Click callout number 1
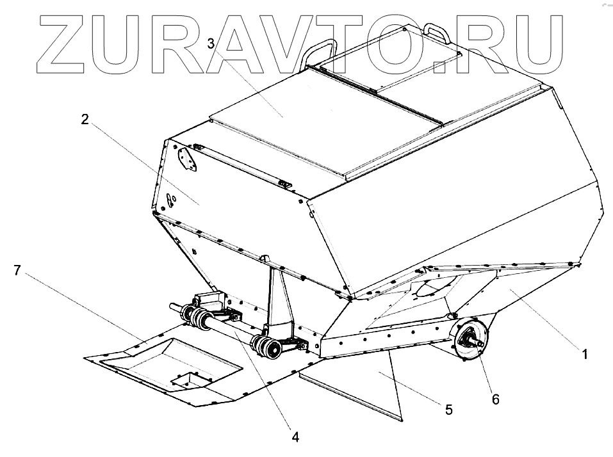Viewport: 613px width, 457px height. coord(584,352)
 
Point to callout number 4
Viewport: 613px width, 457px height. coord(295,437)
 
